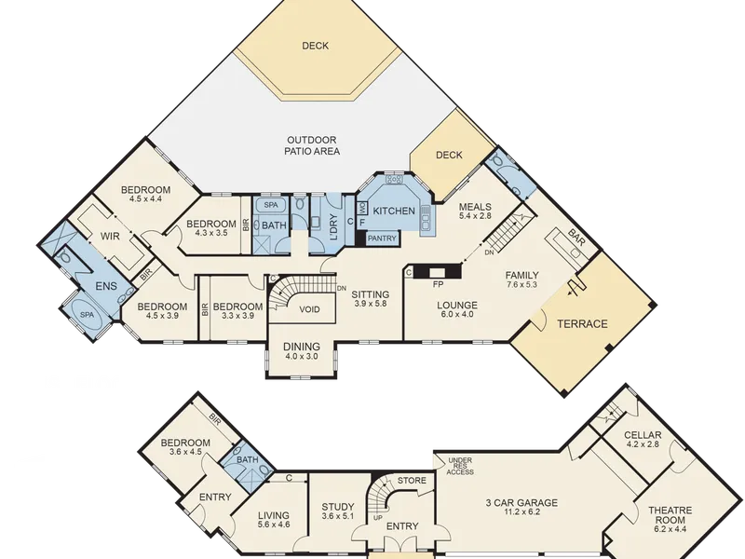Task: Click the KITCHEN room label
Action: pos(394,211)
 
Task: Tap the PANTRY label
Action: pos(382,239)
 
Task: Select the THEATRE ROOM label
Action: pos(670,515)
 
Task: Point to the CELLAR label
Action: pos(643,435)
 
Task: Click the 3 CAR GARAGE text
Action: pos(521,502)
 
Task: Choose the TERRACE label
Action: pos(582,323)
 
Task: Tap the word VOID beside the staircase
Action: pos(309,309)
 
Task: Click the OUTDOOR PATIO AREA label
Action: pos(312,145)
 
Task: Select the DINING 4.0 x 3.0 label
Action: pos(301,351)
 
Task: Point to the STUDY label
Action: pos(338,507)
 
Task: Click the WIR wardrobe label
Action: pos(110,237)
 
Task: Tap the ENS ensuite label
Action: pos(106,286)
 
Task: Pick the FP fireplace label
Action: pos(438,284)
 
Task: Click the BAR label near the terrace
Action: pos(576,237)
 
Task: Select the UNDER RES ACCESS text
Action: pos(460,466)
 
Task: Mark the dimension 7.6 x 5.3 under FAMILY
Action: pos(521,284)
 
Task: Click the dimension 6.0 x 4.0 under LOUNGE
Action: pos(457,314)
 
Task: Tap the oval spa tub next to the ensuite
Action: pos(87,315)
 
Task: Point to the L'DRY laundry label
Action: pos(332,227)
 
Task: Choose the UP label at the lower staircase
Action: pos(377,518)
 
